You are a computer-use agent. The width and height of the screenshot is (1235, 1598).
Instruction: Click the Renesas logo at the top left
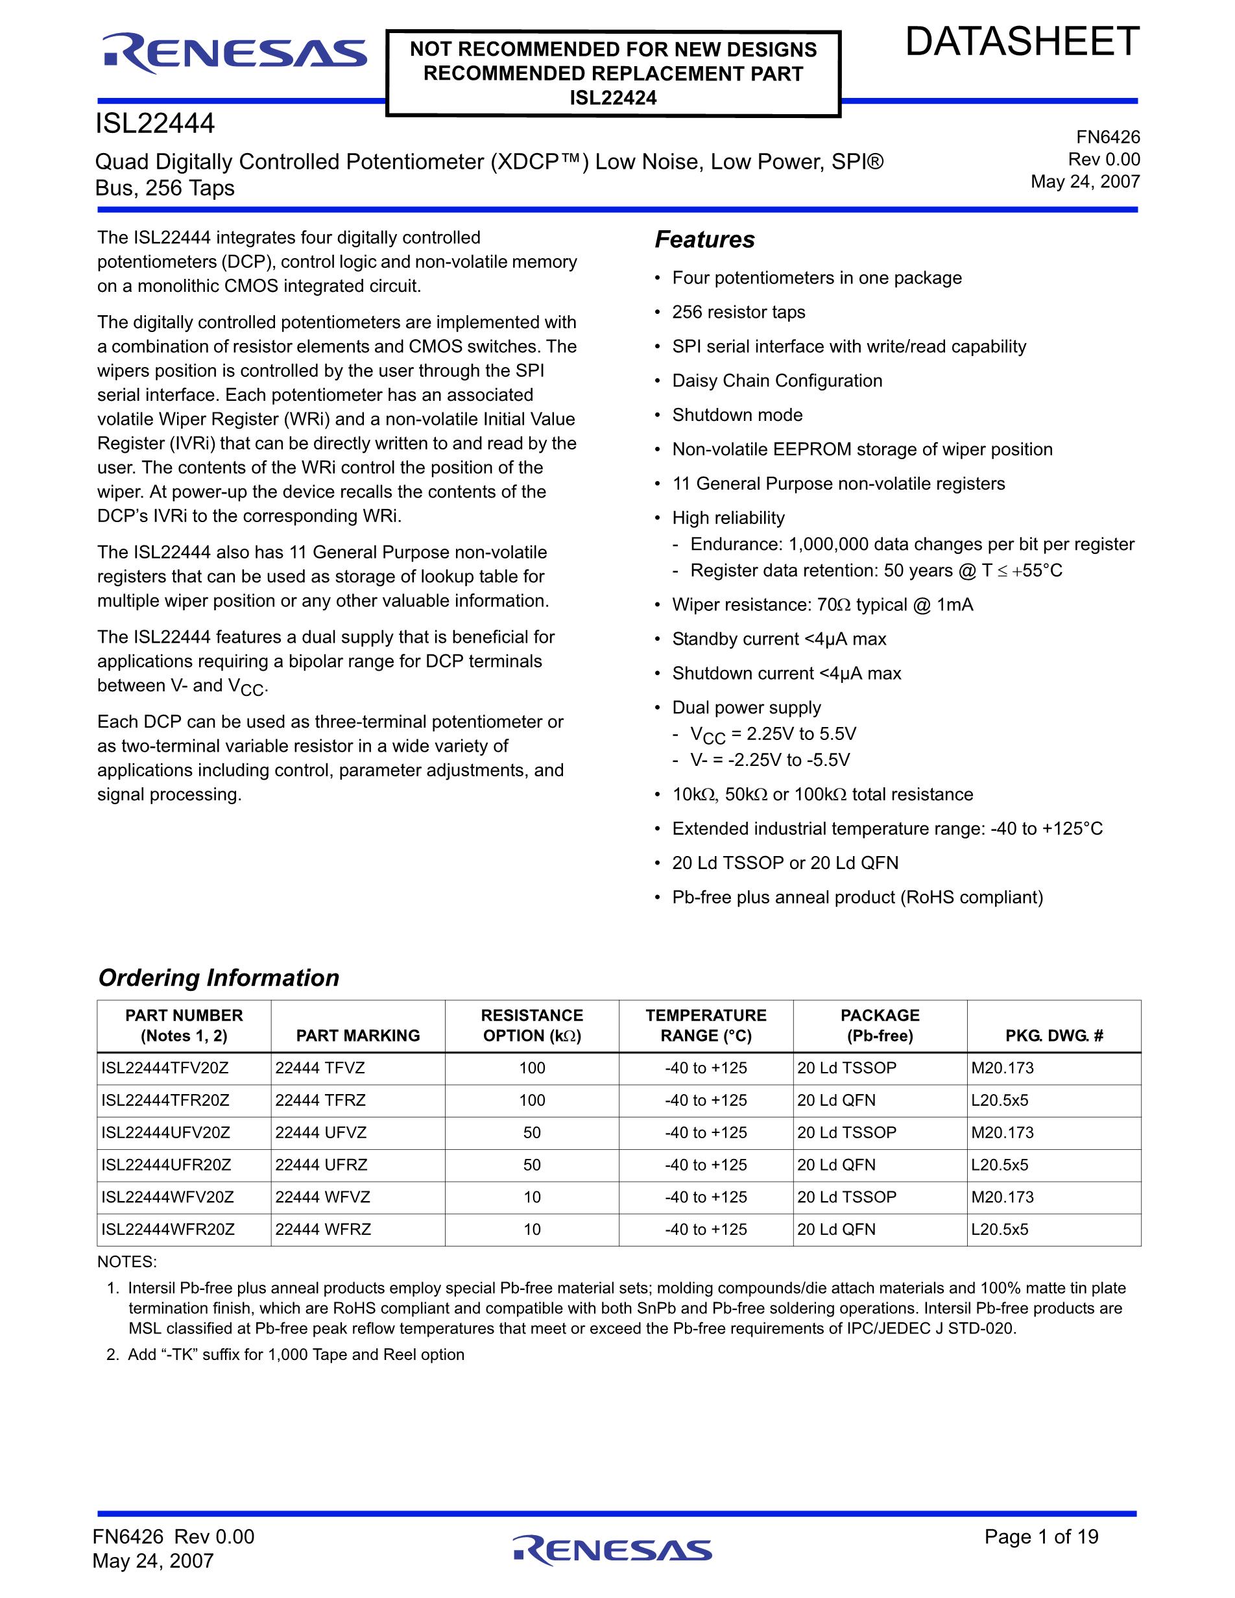point(234,54)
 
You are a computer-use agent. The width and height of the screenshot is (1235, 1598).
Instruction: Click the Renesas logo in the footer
point(612,1550)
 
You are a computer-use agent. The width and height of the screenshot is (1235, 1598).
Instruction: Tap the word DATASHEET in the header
point(1022,42)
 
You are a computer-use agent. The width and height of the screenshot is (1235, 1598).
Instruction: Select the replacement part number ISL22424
point(613,98)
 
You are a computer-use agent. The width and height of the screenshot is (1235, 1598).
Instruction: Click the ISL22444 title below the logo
point(155,124)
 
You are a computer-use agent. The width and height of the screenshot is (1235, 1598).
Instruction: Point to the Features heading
point(704,239)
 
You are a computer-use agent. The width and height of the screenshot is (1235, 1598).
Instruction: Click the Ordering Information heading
point(219,977)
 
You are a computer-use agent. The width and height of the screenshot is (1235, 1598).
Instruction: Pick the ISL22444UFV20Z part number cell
point(166,1132)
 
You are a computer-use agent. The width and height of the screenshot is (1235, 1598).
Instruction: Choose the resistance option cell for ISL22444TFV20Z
point(532,1068)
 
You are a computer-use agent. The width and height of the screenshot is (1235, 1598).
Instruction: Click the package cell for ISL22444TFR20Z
point(836,1101)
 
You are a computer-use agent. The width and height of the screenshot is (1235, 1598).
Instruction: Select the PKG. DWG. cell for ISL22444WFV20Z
point(1002,1197)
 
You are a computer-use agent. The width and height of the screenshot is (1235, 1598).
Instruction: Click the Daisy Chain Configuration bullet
point(777,381)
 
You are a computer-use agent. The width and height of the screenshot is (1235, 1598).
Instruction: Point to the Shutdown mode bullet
point(737,415)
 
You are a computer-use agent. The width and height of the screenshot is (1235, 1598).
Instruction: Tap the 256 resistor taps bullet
point(738,312)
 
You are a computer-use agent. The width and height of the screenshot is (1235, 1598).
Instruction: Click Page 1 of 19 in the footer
point(1041,1536)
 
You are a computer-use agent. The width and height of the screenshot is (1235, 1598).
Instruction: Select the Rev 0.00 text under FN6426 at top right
point(1104,160)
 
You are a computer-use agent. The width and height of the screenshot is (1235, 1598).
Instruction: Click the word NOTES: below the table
point(126,1262)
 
